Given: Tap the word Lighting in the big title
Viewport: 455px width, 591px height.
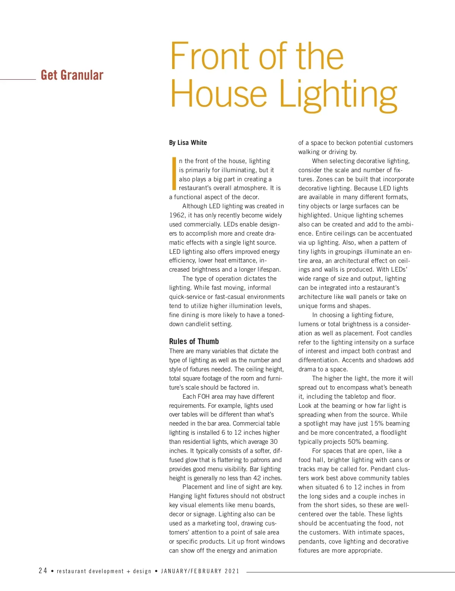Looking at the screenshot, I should click(338, 95).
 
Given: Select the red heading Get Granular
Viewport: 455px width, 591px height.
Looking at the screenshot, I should click(72, 75).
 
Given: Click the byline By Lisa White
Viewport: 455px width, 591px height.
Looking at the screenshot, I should click(188, 143).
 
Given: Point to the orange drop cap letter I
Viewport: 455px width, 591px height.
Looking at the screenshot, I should click(174, 174).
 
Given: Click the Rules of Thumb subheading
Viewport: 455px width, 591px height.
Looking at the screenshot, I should click(194, 341).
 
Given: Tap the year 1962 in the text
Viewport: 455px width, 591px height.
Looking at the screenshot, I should click(177, 215).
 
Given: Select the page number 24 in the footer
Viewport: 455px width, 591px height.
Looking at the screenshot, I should click(43, 571).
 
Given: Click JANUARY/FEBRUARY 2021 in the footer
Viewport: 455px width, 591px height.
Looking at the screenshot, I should click(200, 571).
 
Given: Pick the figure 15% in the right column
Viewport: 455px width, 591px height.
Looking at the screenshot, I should click(377, 423).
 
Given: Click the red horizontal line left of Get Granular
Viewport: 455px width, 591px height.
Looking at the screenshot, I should click(18, 79).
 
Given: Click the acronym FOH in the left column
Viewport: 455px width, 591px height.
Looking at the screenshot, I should click(204, 396).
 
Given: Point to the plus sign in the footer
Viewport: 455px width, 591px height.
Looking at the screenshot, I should click(129, 571).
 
